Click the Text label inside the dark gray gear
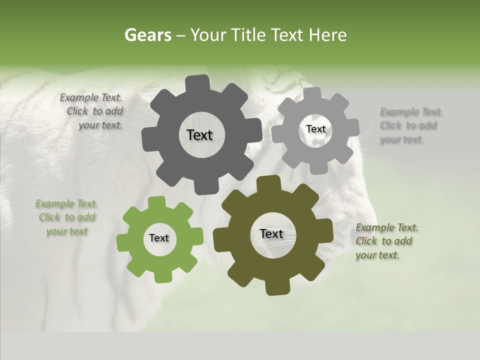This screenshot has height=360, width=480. tap(199, 135)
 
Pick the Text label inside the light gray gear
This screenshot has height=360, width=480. tap(315, 129)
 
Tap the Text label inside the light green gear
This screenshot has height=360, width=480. tap(159, 238)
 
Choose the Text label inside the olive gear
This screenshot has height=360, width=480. tap(271, 234)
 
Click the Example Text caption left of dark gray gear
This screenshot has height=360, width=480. tap(94, 111)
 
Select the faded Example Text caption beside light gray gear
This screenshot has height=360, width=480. tap(409, 125)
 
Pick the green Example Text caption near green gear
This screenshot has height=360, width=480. tap(66, 217)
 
